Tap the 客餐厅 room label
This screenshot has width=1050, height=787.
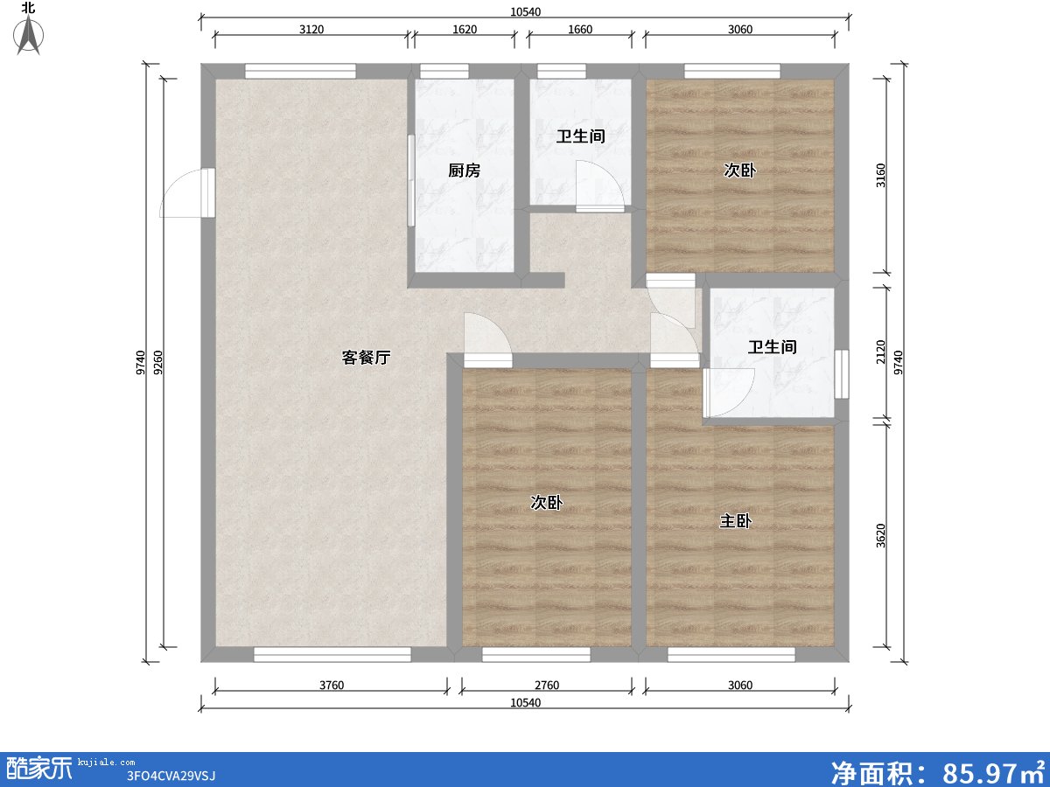pos(366,357)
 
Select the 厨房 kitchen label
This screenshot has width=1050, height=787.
pos(464,171)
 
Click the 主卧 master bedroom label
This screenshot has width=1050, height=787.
pos(735,521)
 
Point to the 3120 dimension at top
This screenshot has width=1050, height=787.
pos(311,29)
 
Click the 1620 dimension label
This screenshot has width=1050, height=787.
pos(465,29)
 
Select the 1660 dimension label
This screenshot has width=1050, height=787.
pos(580,29)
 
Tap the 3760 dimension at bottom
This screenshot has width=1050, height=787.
pos(331,686)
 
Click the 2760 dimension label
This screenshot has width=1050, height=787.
pos(547,686)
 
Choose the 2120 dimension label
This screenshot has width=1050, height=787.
pos(881,352)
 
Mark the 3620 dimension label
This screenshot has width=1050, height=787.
pos(881,535)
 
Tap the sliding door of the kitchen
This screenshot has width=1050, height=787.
pos(410,181)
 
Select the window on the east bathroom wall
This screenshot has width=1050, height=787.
pos(841,374)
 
